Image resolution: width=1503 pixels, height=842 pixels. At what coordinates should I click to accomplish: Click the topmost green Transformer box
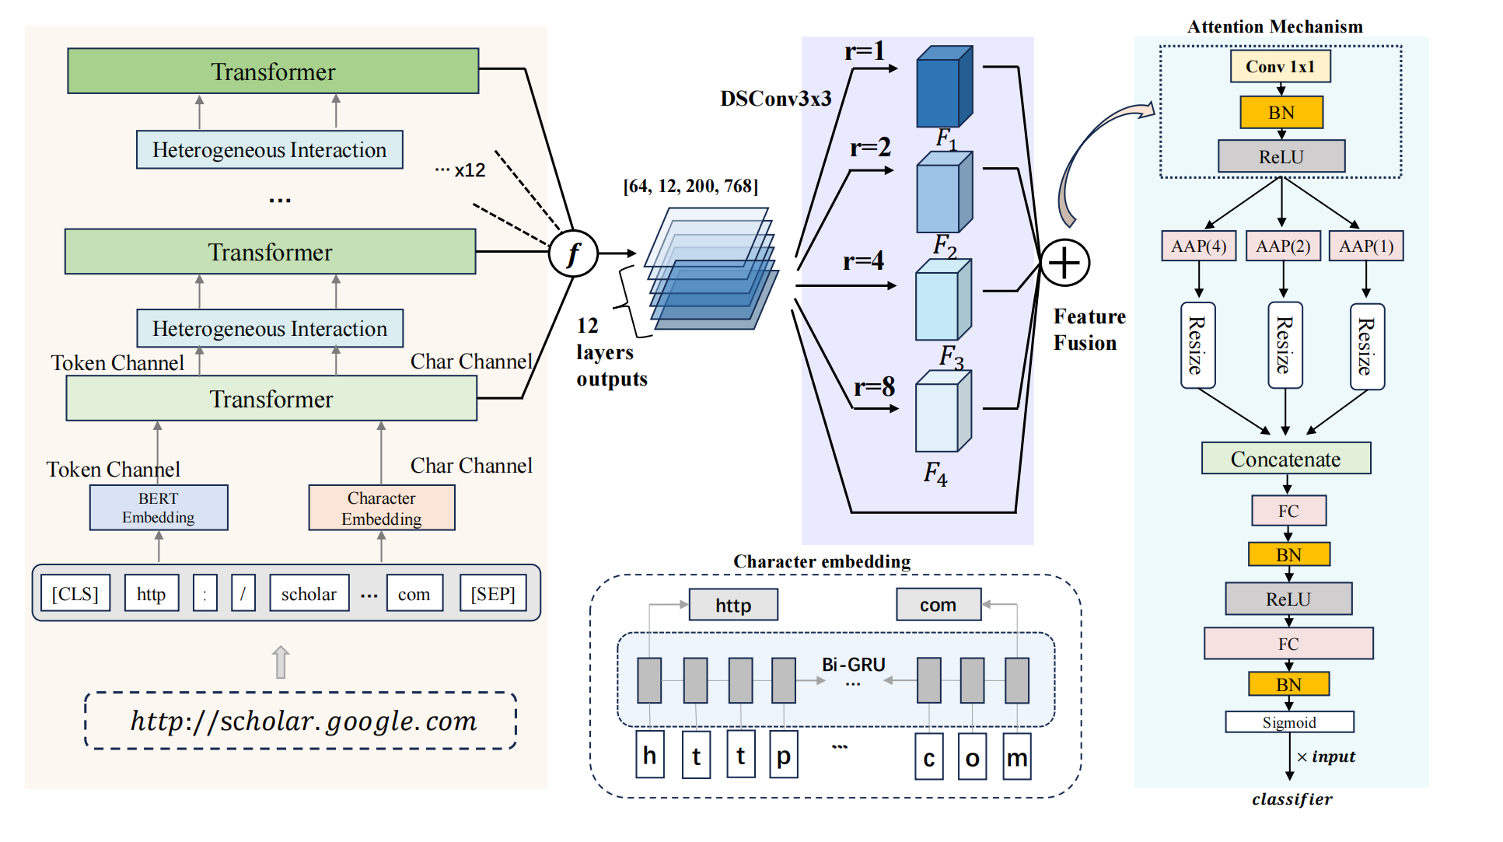pos(273,72)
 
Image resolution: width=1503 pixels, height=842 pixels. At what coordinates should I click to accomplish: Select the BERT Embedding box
pos(159,508)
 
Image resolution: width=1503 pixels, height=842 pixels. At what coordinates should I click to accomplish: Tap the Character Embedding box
pos(381,508)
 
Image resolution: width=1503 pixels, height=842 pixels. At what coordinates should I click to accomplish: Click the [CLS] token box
pos(75,594)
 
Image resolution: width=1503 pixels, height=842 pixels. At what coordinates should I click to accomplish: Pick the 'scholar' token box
pos(309,594)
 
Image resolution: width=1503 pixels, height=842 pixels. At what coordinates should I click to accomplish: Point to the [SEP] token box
pos(493,594)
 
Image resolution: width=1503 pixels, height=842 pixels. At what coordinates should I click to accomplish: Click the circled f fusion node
pos(573,253)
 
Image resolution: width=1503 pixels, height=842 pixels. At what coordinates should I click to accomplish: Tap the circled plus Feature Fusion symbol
pos(1064,263)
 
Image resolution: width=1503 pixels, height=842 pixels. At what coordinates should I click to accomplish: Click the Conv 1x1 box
pos(1280,67)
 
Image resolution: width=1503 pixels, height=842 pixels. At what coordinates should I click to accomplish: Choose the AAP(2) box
pos(1283,246)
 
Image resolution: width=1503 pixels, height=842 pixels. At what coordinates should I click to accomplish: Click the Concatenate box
pos(1285,459)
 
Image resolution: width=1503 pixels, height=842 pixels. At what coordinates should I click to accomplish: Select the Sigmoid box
pos(1289,722)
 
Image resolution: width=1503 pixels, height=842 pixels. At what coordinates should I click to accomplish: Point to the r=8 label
pos(874,386)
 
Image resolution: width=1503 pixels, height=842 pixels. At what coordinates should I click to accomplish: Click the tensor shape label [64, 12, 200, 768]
pos(690,186)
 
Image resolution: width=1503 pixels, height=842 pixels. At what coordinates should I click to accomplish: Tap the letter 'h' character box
pos(650,756)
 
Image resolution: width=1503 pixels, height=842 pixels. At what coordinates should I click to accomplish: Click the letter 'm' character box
pos(1016,757)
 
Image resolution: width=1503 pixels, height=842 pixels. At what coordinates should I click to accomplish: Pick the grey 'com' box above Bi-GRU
pos(938,605)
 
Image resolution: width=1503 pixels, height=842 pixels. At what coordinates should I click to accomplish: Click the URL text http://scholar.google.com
pos(303,721)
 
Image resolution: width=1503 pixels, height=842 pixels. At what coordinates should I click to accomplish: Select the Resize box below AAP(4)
pos(1197,346)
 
